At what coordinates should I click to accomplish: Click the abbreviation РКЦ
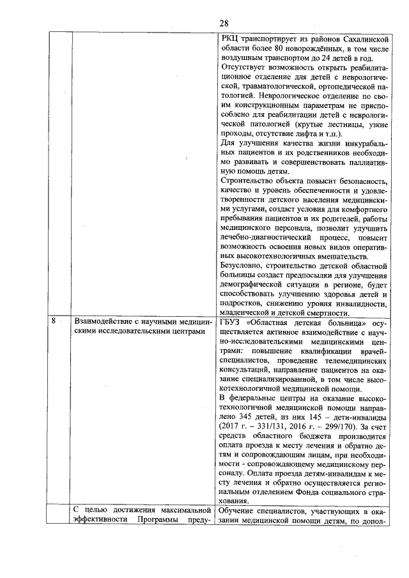(229, 40)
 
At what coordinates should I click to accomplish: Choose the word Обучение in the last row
(238, 511)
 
